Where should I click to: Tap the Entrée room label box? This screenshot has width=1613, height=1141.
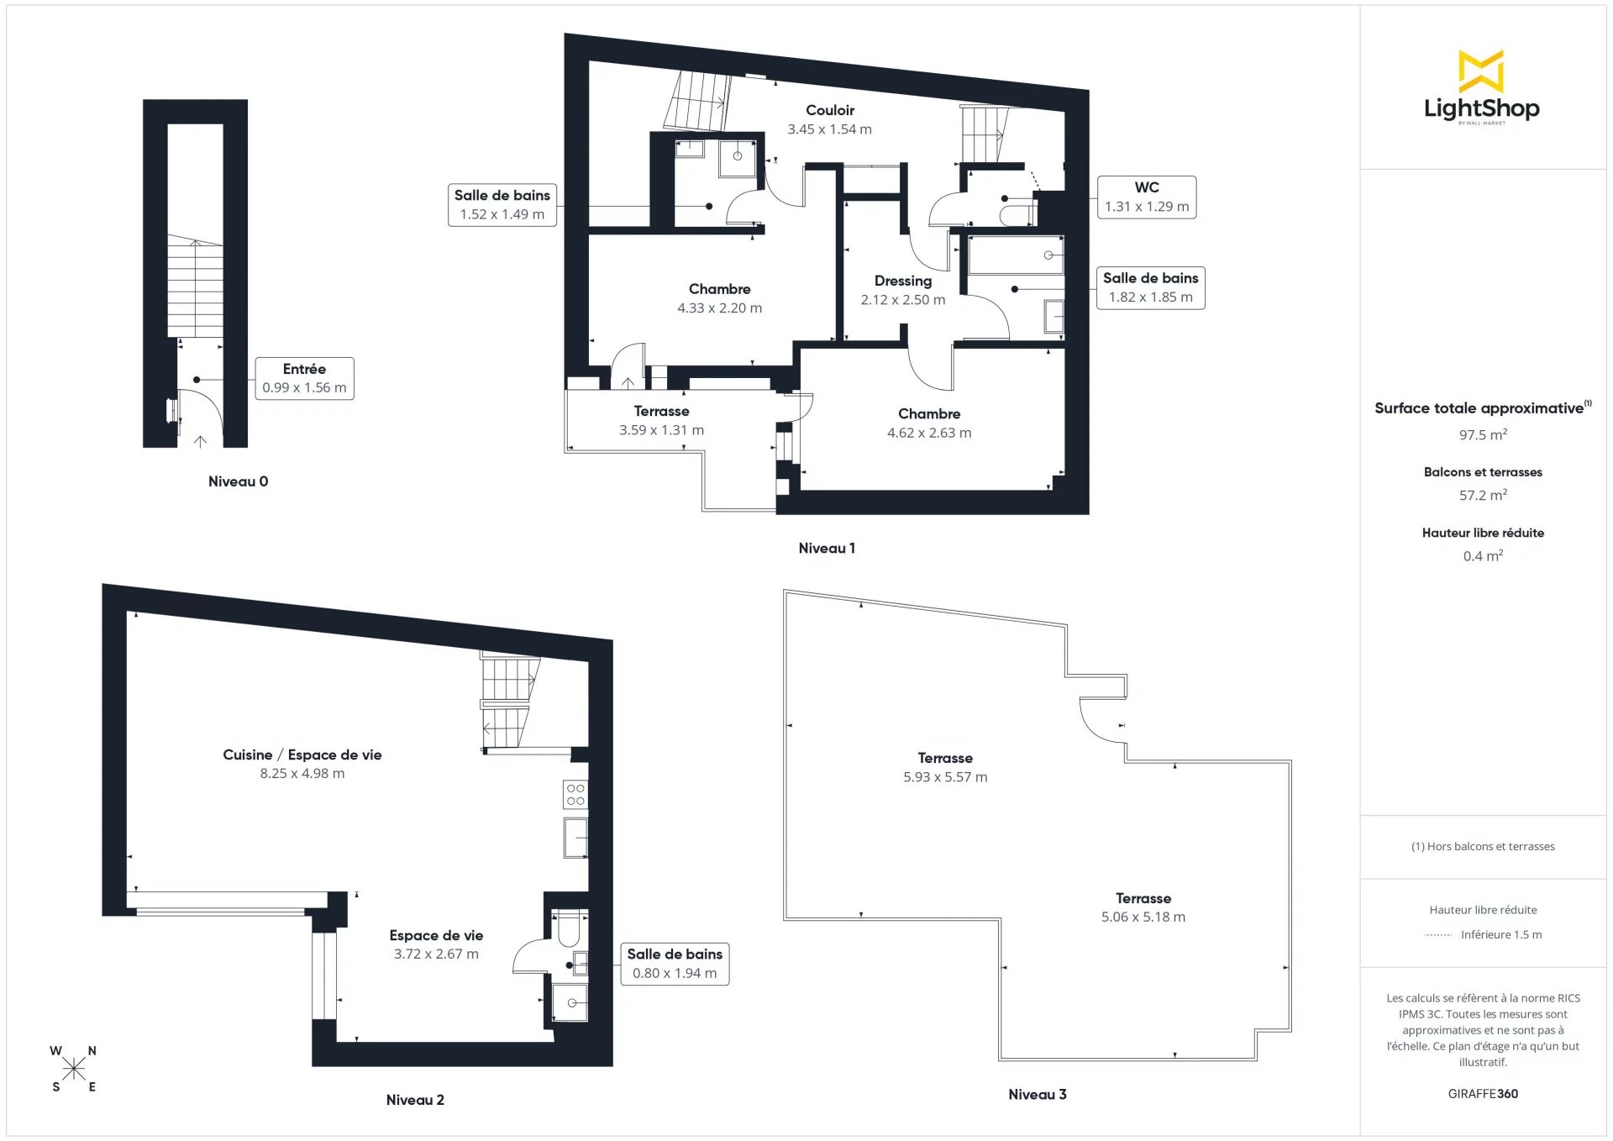coord(304,378)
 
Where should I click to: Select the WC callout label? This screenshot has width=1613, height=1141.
coord(1147,197)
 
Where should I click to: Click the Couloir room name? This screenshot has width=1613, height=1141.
coord(830,110)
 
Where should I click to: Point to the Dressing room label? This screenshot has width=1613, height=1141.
coord(903,281)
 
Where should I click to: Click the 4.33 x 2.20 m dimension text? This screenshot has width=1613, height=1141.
coord(720,308)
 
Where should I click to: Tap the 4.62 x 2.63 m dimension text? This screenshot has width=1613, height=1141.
coord(929,433)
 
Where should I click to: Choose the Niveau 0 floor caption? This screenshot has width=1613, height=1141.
coord(239,481)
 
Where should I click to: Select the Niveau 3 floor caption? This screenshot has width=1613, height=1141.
coord(1038,1094)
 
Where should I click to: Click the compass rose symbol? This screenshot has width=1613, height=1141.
coord(74,1069)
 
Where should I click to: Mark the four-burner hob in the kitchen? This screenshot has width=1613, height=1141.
coord(575,795)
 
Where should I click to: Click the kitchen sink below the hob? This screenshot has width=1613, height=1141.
coord(575,838)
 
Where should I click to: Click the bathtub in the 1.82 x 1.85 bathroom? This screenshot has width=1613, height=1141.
coord(1017,255)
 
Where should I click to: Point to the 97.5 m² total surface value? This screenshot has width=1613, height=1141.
coord(1483,434)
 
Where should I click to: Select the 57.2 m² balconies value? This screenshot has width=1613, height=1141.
coord(1483,495)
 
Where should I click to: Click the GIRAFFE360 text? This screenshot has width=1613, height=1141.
coord(1483,1093)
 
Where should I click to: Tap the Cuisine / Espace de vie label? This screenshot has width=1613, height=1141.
coord(302,755)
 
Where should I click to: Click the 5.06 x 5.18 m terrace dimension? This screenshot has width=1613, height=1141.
coord(1143,917)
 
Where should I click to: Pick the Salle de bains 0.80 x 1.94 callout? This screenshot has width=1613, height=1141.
coord(675,964)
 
